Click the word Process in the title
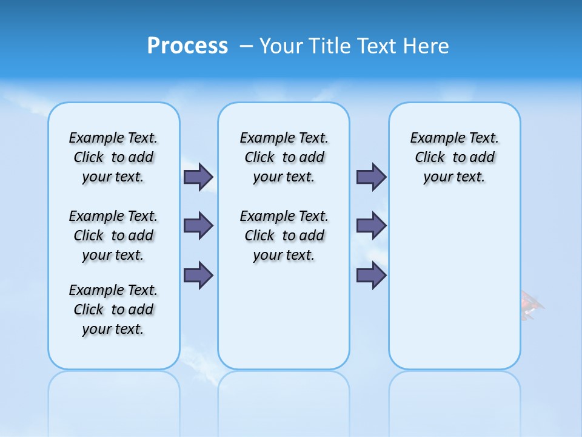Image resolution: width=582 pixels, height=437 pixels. click(187, 46)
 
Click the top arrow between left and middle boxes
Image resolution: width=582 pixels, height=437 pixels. click(198, 177)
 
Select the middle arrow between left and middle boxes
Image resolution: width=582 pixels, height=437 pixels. click(198, 226)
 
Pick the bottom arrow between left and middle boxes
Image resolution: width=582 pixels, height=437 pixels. click(198, 275)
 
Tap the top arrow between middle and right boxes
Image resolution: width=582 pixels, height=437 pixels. click(371, 177)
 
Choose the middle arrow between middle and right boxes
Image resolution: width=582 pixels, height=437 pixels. click(371, 226)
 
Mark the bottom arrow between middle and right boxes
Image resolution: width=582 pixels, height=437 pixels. click(371, 275)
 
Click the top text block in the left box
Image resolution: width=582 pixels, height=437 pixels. click(113, 157)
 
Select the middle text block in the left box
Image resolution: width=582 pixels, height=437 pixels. click(113, 235)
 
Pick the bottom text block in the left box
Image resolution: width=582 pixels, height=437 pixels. click(113, 310)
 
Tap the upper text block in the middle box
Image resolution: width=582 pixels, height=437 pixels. click(284, 157)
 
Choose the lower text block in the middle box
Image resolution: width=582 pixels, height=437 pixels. click(284, 235)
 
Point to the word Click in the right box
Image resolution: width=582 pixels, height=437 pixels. click(430, 158)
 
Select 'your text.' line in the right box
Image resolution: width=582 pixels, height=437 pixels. click(454, 177)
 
